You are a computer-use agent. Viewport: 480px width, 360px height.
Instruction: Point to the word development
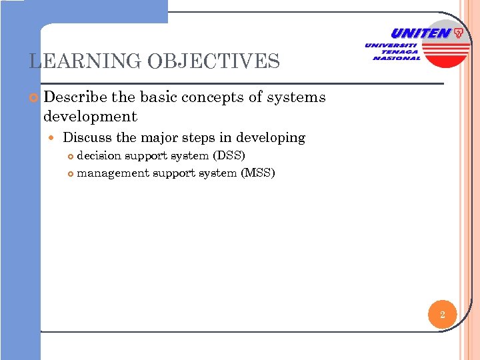pos(90,117)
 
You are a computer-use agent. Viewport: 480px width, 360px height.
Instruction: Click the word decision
pos(99,156)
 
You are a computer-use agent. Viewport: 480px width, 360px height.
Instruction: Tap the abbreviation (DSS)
pos(229,156)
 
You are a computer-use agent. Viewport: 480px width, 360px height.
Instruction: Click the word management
pos(113,173)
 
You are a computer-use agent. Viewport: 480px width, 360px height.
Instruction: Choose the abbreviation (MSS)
pos(258,173)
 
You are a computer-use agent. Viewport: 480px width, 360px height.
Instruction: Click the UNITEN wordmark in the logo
pos(420,33)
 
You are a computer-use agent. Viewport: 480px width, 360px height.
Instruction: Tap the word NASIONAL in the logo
pos(397,58)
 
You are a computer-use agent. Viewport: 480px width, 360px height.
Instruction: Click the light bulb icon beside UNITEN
pos(459,33)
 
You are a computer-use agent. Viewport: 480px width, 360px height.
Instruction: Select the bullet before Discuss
pos(53,139)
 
